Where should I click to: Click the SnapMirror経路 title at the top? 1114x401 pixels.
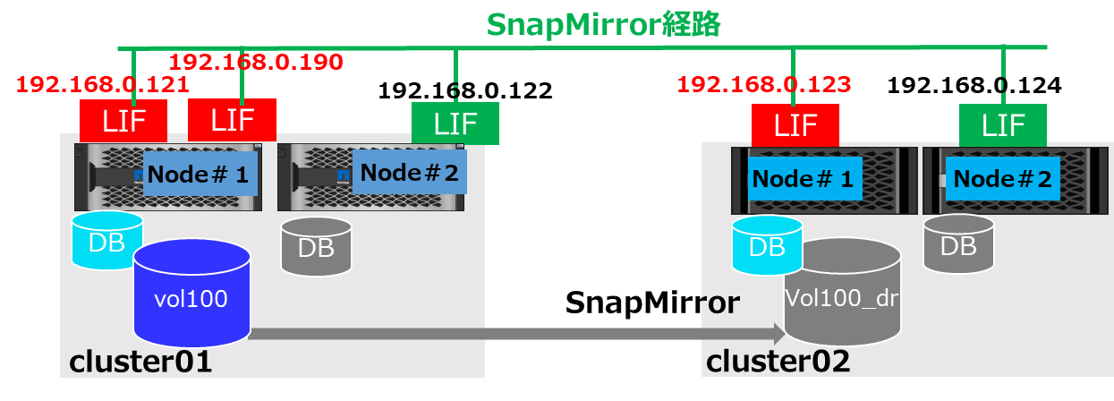(604, 23)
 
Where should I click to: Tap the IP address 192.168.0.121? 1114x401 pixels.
(103, 85)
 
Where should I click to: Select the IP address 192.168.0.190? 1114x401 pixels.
(256, 62)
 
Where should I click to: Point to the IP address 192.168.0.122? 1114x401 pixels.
(465, 90)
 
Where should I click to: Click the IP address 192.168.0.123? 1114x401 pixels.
(763, 85)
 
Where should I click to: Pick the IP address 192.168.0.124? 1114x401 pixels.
(974, 86)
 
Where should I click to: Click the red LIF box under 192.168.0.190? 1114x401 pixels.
(232, 120)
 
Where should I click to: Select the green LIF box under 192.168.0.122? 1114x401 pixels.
(455, 123)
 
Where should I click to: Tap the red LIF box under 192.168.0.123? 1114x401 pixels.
(795, 124)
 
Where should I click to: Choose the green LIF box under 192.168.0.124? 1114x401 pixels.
(1003, 124)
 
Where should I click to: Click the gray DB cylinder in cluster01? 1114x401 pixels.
(316, 244)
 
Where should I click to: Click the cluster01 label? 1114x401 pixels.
(140, 363)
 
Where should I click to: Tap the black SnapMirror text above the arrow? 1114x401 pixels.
(652, 303)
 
